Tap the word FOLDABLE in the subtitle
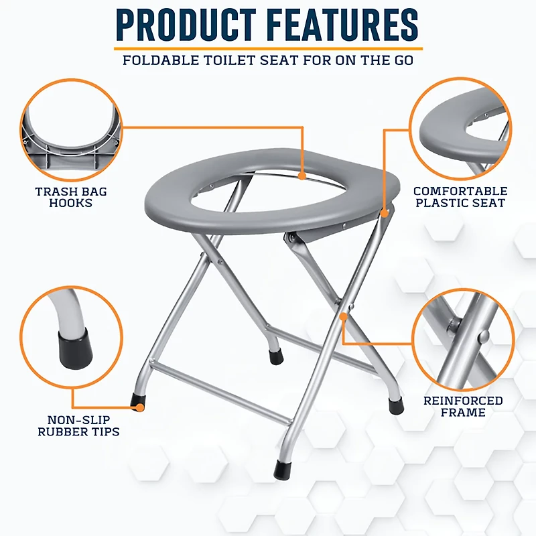(158, 60)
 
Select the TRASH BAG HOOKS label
(71, 197)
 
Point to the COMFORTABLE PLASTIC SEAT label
(460, 196)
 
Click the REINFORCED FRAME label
(463, 406)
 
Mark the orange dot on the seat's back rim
(302, 176)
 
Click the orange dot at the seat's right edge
(385, 213)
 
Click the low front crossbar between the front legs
(221, 393)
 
